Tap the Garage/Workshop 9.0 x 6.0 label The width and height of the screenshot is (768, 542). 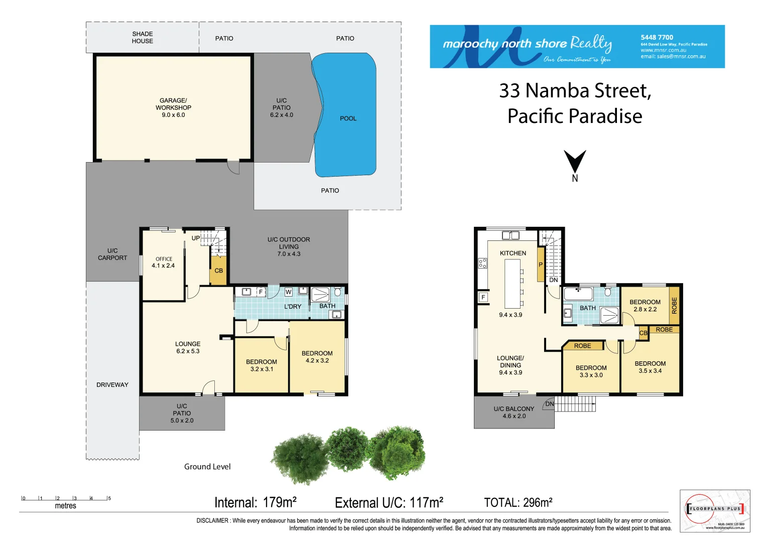pos(173,107)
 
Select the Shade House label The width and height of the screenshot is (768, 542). pos(143,38)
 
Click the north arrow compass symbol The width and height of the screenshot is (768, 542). pos(575,163)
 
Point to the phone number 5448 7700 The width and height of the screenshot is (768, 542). pos(657,37)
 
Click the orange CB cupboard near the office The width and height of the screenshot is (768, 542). pos(218,271)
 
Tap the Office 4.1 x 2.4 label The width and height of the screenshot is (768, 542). pos(164,262)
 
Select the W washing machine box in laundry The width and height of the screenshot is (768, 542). pos(288,292)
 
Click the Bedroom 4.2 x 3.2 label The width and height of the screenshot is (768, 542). pos(317,357)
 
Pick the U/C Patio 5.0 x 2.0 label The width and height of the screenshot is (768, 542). pos(182,413)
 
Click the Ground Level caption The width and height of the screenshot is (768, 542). pos(207,467)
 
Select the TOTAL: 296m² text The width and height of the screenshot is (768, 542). pos(518,502)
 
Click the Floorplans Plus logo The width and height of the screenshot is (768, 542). pos(715,510)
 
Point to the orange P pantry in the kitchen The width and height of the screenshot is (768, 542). pos(541,264)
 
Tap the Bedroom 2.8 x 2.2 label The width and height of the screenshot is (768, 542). pos(645,306)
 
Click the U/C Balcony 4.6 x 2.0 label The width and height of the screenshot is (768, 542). pos(514,413)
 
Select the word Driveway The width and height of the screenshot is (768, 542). pos(112,385)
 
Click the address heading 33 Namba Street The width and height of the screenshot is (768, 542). pos(575,91)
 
